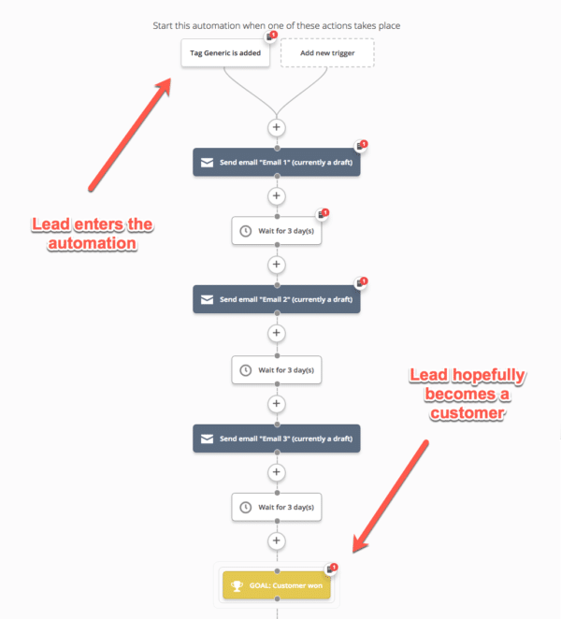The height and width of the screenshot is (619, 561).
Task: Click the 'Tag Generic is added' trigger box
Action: tap(225, 53)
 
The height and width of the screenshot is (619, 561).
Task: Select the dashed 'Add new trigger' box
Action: tap(326, 53)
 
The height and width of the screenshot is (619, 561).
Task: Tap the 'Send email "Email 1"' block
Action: tap(276, 162)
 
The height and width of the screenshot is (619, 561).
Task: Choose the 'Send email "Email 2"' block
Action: tap(276, 299)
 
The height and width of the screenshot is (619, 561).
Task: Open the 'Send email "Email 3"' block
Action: tap(276, 438)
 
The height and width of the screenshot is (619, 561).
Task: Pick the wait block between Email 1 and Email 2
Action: tap(276, 231)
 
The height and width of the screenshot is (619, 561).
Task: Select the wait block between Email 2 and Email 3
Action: tap(276, 369)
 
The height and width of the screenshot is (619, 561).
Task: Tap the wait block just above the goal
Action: tap(276, 507)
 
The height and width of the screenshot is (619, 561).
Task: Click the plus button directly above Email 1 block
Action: tap(276, 126)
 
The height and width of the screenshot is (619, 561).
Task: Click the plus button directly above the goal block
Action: tap(276, 541)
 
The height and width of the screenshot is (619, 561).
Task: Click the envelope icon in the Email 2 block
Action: tap(206, 300)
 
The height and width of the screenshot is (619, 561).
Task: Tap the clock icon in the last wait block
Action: tap(245, 507)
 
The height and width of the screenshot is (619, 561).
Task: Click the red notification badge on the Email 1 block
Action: tap(363, 145)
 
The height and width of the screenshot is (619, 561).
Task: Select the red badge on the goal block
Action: tap(334, 568)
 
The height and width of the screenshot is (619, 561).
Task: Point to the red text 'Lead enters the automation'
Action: tap(92, 234)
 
